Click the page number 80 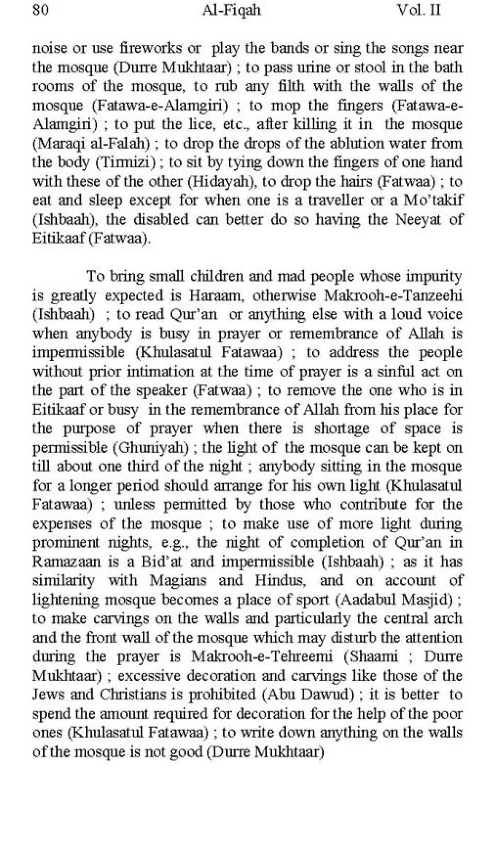point(40,10)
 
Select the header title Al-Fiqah point(232,10)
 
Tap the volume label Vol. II point(419,10)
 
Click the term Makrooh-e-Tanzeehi point(393,295)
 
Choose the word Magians point(178,581)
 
